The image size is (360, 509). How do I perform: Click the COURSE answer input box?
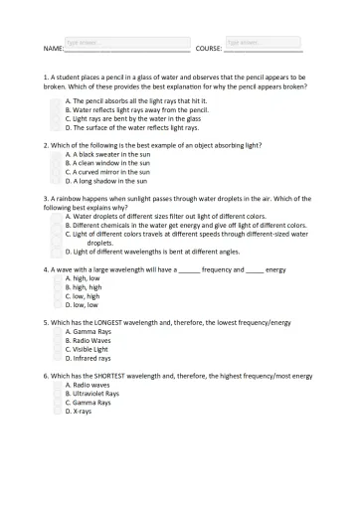263,43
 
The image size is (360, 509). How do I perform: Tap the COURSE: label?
209,49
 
